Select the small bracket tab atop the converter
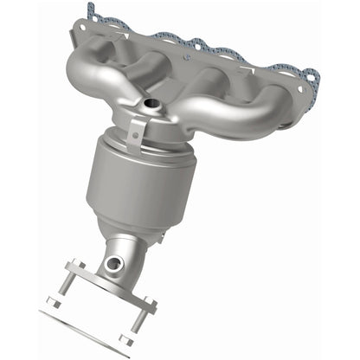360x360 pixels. pyautogui.click(x=132, y=132)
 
